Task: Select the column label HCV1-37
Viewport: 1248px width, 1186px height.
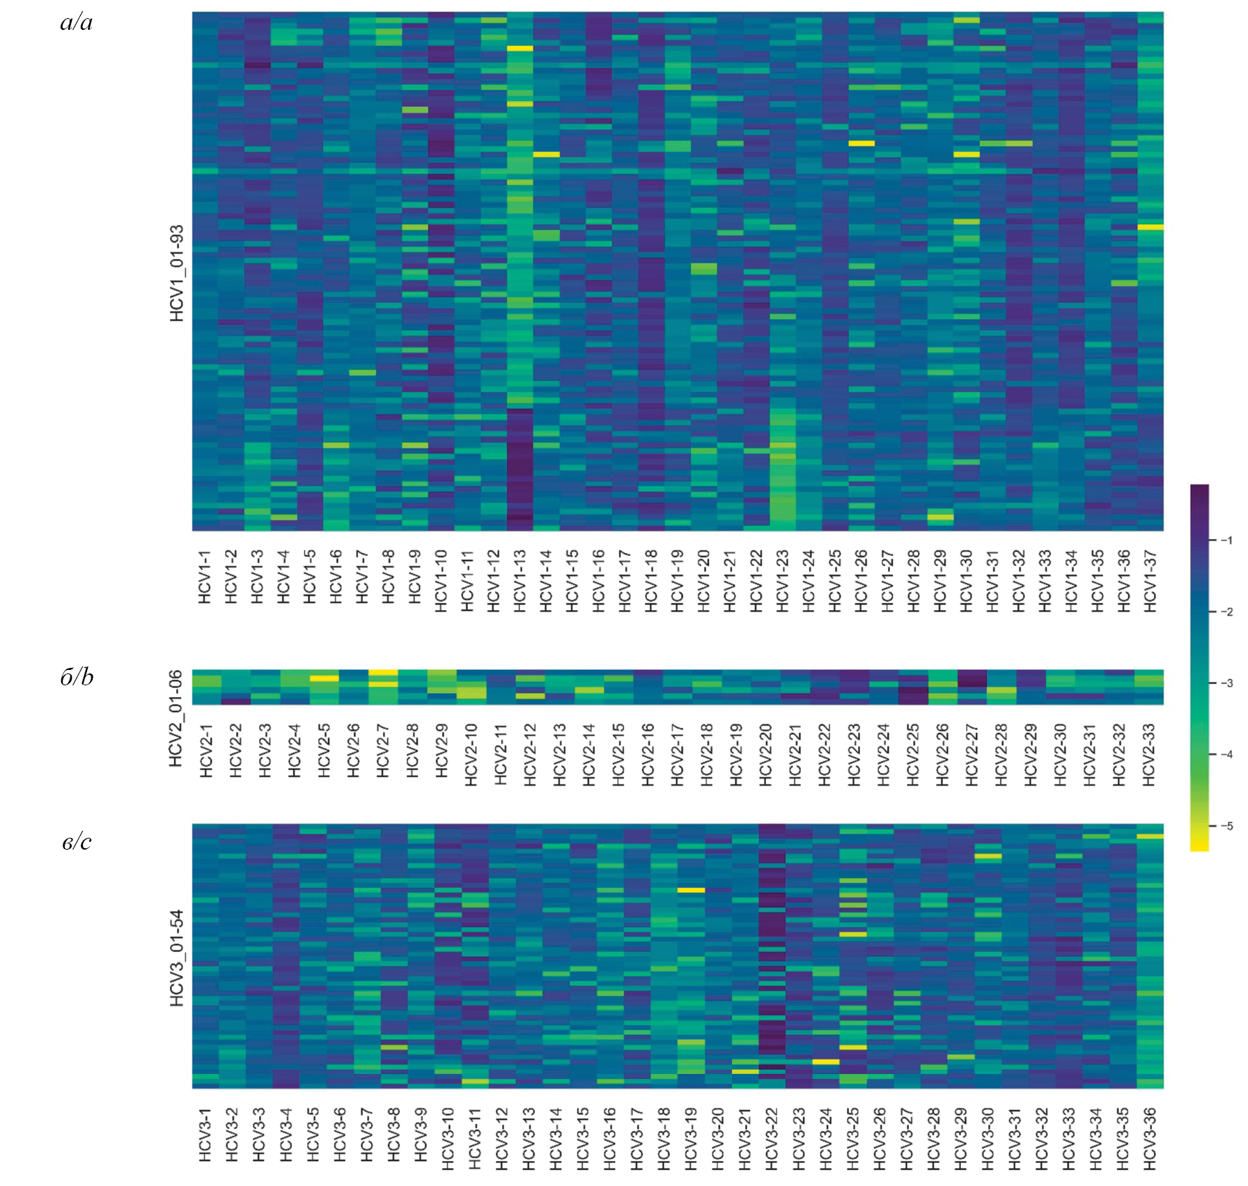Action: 1150,581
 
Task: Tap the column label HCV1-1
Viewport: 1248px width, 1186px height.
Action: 205,577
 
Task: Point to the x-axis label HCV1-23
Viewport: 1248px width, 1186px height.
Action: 782,581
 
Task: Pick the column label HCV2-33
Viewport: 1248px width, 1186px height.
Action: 1148,754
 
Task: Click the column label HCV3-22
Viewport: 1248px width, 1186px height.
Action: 772,1139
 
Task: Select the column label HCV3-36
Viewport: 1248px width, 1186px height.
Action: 1149,1139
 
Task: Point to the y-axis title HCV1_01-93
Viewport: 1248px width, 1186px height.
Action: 177,273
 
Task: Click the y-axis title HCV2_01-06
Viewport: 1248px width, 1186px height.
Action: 175,718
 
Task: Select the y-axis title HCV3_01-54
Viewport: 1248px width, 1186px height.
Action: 177,958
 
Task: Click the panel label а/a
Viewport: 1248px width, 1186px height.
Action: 76,23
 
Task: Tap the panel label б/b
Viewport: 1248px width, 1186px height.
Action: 77,678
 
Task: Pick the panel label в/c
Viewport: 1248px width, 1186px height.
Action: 77,842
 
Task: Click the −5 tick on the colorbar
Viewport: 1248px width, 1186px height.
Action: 1227,826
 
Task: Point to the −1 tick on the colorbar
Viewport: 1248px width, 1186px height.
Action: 1227,540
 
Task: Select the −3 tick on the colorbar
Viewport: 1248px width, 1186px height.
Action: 1227,683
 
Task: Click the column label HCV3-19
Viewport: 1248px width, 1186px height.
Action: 690,1139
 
